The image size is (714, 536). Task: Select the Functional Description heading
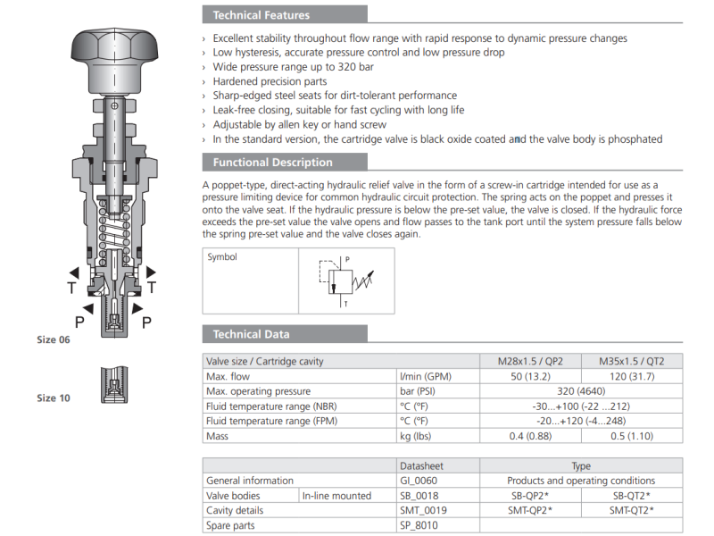[x=272, y=163]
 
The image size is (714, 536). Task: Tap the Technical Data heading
[x=251, y=334]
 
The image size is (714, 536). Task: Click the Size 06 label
[x=53, y=339]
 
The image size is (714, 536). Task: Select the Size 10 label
[x=53, y=398]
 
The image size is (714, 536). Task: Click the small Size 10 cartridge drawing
[x=112, y=384]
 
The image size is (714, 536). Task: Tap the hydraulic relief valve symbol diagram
[x=346, y=281]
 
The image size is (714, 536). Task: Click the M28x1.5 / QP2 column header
[x=530, y=362]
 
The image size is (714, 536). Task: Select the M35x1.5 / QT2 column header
[x=631, y=362]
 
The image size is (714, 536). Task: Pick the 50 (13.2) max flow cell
[x=530, y=376]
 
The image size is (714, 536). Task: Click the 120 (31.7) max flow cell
[x=631, y=376]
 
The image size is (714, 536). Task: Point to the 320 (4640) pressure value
[x=580, y=391]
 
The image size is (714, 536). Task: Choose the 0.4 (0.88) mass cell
[x=530, y=436]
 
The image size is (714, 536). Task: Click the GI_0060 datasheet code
[x=419, y=481]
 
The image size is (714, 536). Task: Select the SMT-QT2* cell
[x=631, y=510]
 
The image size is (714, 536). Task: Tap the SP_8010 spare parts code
[x=419, y=524]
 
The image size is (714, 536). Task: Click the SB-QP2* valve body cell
[x=530, y=495]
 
